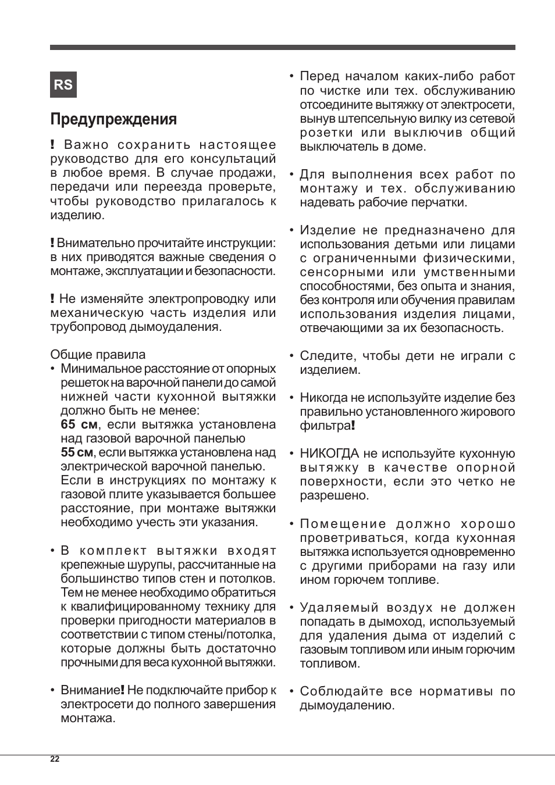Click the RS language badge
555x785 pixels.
click(63, 85)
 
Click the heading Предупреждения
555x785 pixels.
click(113, 119)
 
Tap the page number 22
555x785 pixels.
click(55, 759)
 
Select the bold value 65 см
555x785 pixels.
click(79, 424)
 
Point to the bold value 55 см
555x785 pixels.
click(77, 452)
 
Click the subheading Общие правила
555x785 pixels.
click(98, 355)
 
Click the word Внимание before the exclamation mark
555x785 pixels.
click(90, 690)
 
